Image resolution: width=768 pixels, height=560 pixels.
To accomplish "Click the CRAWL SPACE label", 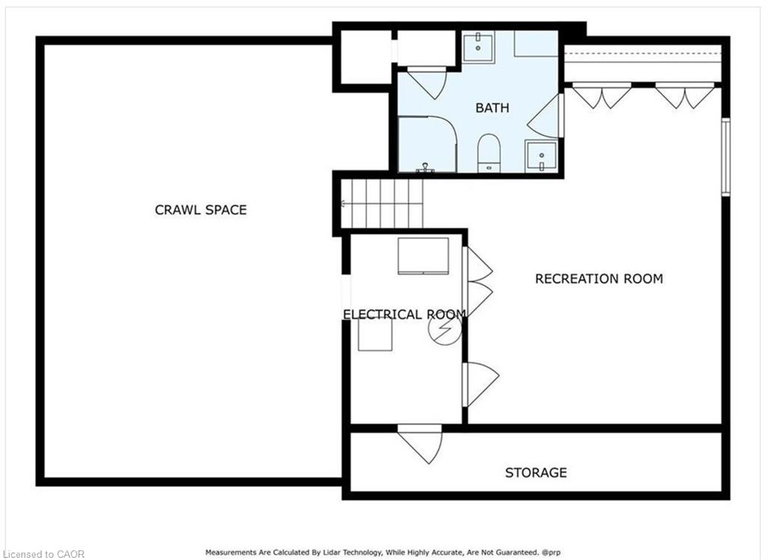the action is pos(201,210).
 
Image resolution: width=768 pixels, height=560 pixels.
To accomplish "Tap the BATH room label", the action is pos(492,108).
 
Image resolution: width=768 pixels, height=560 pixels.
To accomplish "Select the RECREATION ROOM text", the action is pos(599,279).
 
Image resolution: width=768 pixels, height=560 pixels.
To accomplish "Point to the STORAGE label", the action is pos(535,472).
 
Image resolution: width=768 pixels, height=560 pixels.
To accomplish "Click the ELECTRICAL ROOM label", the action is pos(404,314).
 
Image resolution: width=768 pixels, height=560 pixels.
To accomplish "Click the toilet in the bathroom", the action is pos(489,153).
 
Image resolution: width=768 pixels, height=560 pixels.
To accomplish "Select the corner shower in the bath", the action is pos(427,145).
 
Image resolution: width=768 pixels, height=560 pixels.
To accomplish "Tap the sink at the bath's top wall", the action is pos(478,46).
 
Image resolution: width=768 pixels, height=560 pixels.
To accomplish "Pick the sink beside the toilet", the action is pos(541,157).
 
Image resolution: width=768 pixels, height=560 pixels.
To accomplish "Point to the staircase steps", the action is pos(382,204).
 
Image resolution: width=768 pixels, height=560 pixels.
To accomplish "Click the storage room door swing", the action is pos(420,444).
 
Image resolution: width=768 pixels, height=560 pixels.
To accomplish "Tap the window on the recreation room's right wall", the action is pos(726,157).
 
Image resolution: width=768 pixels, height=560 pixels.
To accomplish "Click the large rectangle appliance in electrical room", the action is pos(423,256).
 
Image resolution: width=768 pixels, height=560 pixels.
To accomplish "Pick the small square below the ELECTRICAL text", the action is pos(375,335).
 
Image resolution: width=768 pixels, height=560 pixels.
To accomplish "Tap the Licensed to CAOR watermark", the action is pos(42,554).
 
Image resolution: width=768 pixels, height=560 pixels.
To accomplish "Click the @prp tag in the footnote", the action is pos(551,553).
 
